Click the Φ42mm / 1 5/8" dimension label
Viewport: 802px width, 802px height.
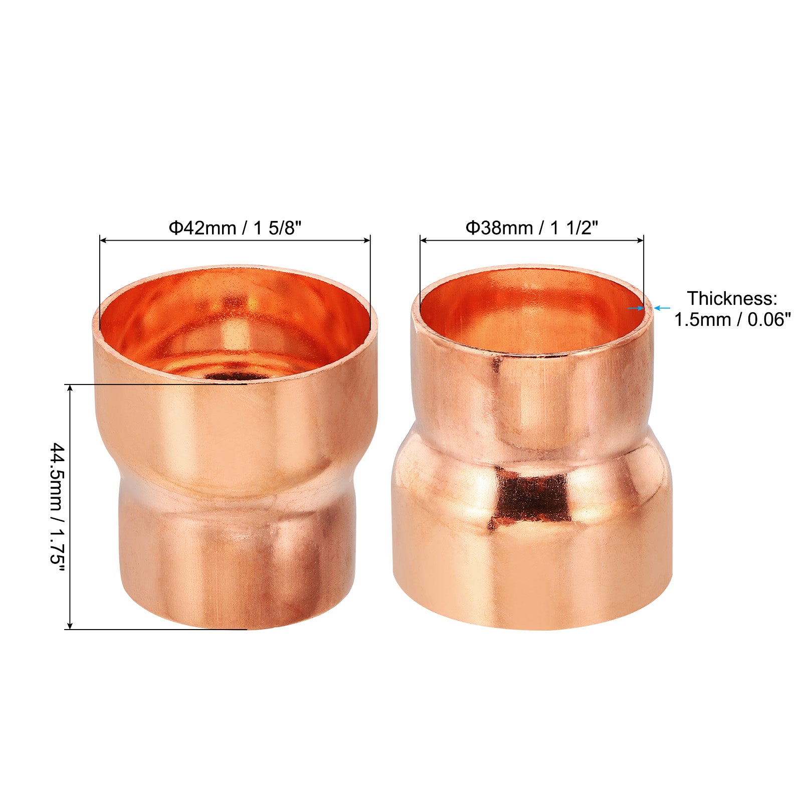point(235,228)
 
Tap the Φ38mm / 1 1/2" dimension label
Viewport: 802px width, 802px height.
point(532,228)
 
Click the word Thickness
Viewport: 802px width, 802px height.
point(732,299)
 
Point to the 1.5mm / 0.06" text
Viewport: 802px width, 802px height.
point(732,319)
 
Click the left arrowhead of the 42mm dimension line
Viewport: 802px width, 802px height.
point(103,241)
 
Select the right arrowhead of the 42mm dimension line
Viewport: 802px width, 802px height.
point(367,241)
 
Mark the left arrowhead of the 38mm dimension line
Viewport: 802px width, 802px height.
point(424,241)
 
